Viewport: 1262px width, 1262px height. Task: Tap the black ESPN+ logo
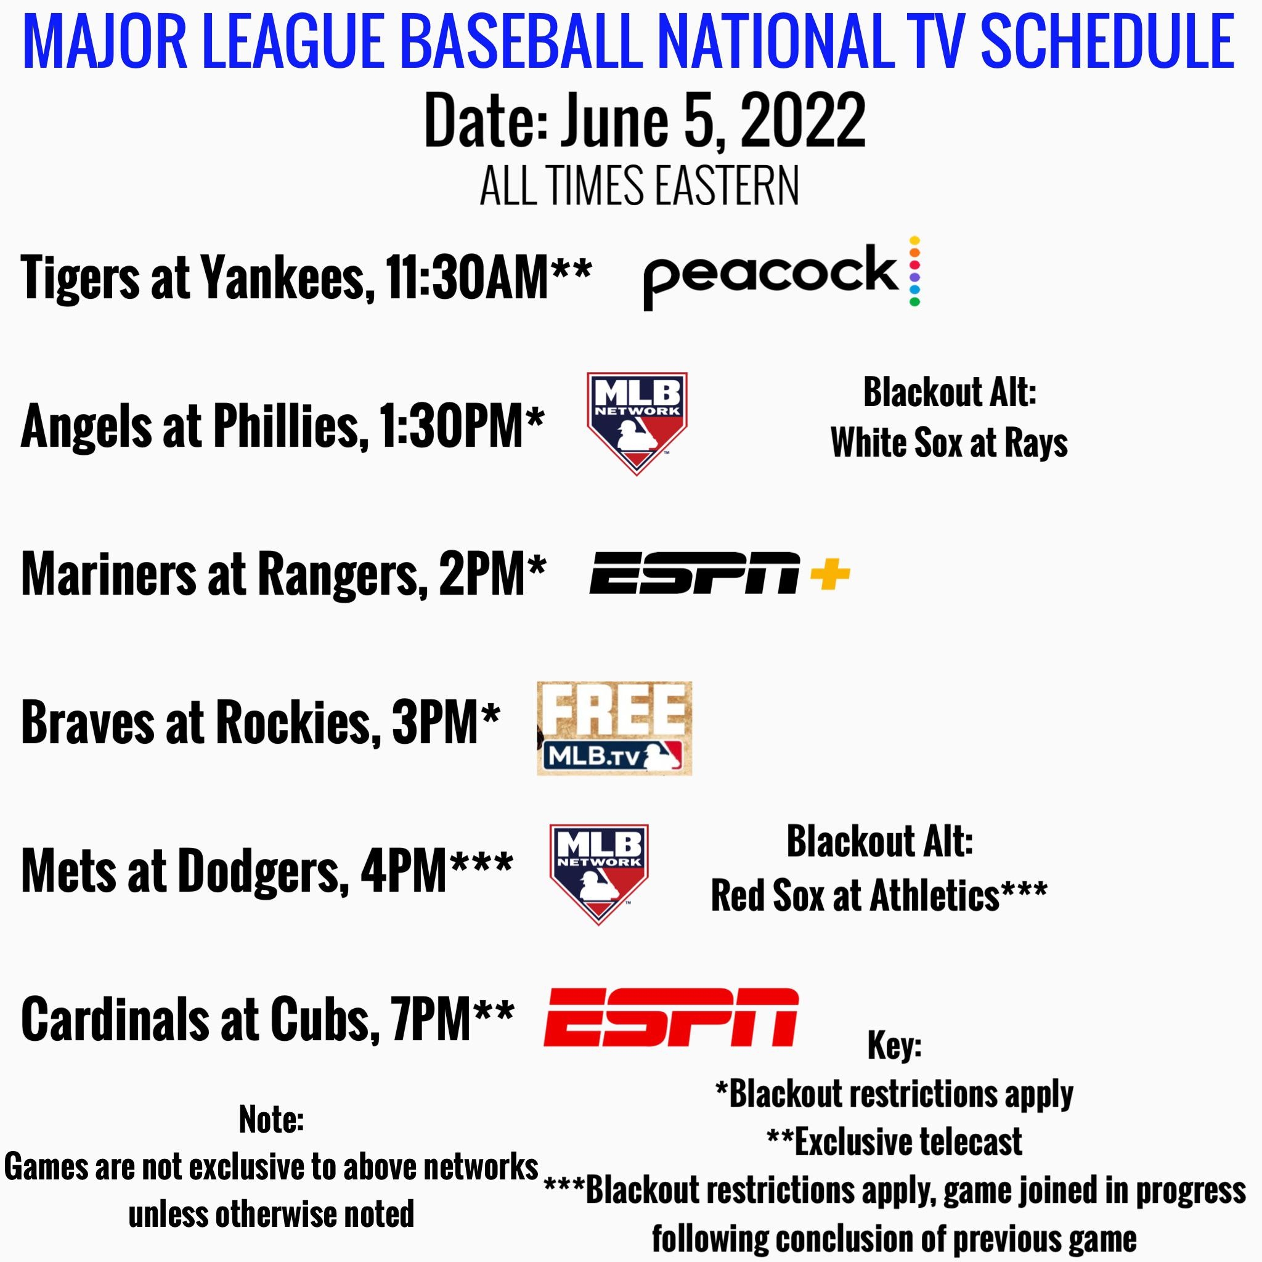[x=720, y=574]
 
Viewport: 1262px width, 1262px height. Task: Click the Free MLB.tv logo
[x=614, y=728]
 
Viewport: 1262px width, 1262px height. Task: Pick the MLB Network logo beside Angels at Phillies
[x=637, y=423]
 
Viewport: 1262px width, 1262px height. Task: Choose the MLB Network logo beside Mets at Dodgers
[x=599, y=874]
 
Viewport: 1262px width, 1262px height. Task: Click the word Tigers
[x=80, y=278]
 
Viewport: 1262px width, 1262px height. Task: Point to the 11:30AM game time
[x=466, y=277]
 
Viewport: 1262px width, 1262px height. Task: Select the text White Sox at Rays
[x=949, y=443]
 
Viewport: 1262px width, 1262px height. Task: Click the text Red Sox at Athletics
[x=855, y=895]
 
